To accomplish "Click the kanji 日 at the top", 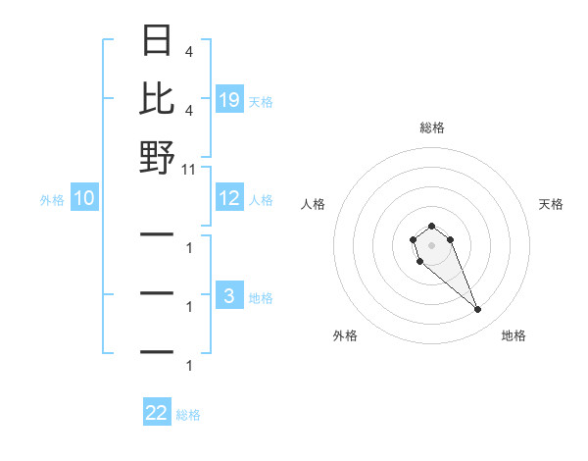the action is (x=158, y=42).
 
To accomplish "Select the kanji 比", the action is (x=158, y=99).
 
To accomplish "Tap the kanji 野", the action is (x=158, y=157).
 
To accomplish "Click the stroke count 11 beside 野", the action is (x=189, y=169).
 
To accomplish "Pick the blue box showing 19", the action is (x=229, y=100).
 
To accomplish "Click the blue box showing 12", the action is (x=229, y=199).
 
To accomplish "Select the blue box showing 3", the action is (x=229, y=297).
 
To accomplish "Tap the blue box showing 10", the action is (x=84, y=199).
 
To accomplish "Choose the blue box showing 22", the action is (x=157, y=413).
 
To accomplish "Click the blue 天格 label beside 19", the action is (x=261, y=101).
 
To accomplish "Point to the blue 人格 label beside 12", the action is (x=261, y=200).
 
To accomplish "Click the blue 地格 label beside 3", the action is (x=261, y=298).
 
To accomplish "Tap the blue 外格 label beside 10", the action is (x=52, y=200).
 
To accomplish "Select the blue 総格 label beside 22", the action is (x=188, y=414).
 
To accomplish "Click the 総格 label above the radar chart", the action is (x=431, y=128).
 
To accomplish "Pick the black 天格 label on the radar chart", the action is (x=552, y=204).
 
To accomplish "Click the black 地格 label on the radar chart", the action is (x=514, y=335).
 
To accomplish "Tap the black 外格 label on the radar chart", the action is (x=345, y=335).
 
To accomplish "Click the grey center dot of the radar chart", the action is (x=431, y=244).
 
